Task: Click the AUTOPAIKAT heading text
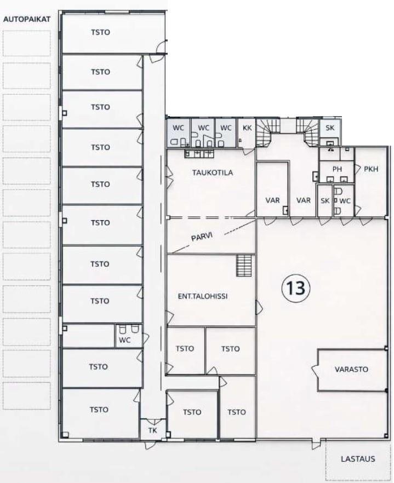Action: [27, 19]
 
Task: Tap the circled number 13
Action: [296, 287]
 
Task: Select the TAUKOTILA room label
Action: [213, 173]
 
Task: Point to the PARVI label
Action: [202, 237]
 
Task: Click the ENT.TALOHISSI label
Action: [203, 296]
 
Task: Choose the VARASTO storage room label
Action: [351, 369]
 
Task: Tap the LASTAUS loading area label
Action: [358, 459]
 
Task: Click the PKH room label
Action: [371, 169]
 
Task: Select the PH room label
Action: [337, 169]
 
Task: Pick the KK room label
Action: [247, 128]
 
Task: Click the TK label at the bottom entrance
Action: [152, 430]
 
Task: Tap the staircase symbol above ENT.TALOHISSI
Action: [245, 266]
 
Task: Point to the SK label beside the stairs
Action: [330, 128]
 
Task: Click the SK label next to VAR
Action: [325, 201]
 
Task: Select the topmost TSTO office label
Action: [100, 32]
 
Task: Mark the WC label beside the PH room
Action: [345, 201]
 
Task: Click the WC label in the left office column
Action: [124, 340]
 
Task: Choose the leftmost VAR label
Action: [272, 200]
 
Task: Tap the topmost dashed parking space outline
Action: [26, 43]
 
